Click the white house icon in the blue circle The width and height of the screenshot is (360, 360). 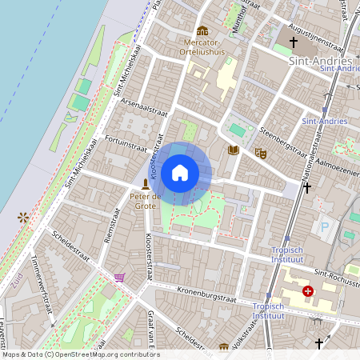180,173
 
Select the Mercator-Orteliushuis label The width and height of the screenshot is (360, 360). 204,46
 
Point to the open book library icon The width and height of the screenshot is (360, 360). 234,150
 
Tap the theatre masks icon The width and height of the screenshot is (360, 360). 260,151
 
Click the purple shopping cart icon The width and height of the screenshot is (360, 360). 120,277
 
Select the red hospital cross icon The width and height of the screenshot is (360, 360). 308,291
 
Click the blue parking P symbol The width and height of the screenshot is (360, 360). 325,227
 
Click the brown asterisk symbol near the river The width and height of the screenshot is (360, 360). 23,217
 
